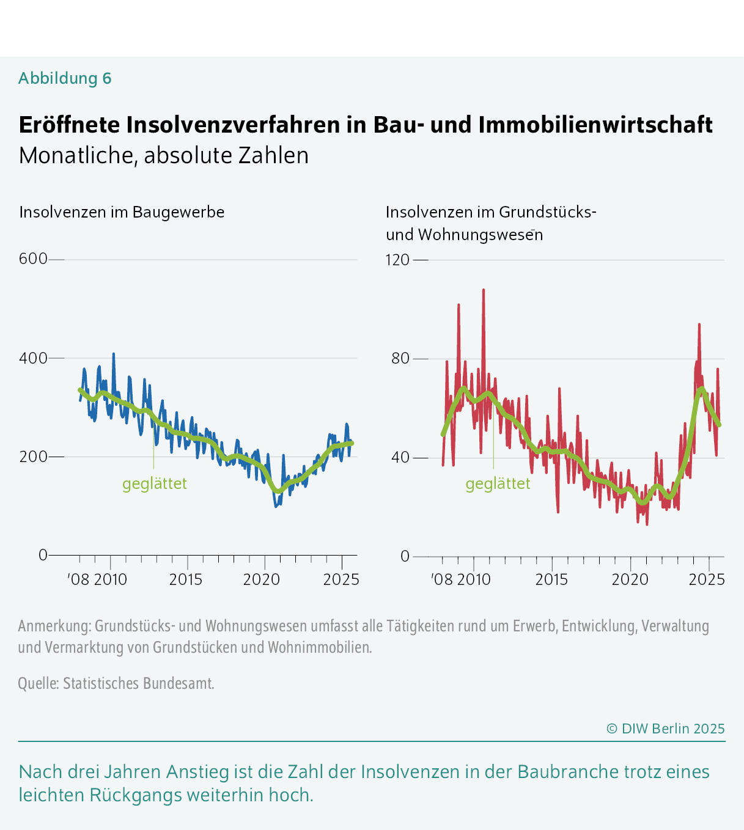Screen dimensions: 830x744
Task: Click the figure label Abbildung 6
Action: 65,78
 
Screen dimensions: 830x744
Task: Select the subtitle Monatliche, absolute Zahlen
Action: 163,155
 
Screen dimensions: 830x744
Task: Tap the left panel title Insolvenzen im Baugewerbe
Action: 122,212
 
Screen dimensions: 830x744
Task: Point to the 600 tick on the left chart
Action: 33,259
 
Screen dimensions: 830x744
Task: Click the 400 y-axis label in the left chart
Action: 33,358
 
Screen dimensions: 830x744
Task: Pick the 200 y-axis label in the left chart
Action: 33,457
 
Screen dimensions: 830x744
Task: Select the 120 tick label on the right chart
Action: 397,260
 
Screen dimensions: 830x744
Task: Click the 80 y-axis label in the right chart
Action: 400,358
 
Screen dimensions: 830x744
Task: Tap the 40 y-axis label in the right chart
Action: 400,457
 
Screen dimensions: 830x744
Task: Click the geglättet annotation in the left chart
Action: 154,483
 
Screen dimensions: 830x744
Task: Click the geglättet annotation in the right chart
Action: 498,483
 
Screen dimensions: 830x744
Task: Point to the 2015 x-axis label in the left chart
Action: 186,579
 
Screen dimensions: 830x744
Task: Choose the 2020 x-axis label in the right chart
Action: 630,579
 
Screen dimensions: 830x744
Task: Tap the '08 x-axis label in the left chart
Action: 79,579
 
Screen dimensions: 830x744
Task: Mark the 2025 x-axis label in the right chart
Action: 707,579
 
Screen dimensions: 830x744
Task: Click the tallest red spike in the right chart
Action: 484,291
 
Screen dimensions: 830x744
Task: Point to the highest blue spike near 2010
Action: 113,354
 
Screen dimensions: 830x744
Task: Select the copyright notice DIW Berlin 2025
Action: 665,729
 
